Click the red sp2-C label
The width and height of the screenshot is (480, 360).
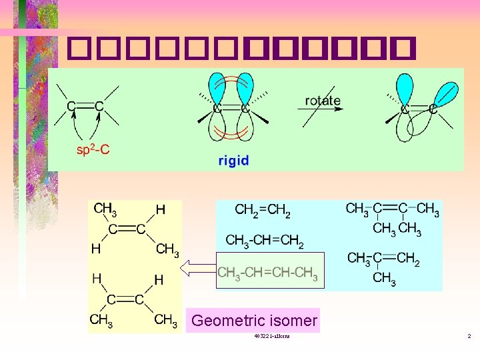click(93, 150)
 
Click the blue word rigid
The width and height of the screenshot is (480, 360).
click(233, 160)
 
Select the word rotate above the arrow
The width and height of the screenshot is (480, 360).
click(323, 101)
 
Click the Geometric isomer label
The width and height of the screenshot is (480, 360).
click(253, 321)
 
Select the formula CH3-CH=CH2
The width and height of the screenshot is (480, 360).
click(264, 241)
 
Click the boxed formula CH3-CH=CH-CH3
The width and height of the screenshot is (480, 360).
click(269, 272)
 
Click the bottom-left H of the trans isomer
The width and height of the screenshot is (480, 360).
click(96, 249)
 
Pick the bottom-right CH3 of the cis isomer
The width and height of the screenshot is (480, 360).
click(165, 320)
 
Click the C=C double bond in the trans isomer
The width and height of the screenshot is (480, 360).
click(127, 229)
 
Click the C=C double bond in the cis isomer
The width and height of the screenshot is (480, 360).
click(126, 299)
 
